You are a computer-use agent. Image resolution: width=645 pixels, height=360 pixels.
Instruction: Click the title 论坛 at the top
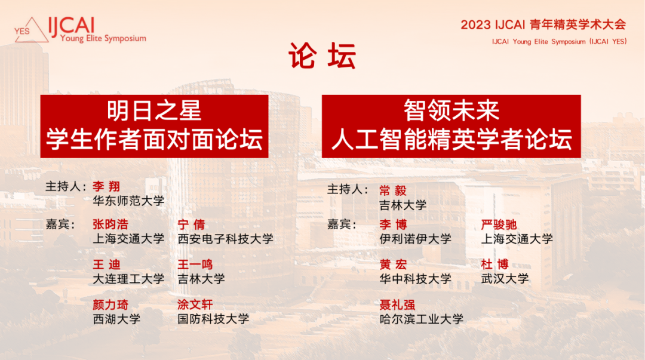[322, 56]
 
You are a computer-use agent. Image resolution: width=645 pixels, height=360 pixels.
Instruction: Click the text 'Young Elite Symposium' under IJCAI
[103, 38]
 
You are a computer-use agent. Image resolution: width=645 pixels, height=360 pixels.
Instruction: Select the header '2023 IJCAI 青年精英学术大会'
[543, 24]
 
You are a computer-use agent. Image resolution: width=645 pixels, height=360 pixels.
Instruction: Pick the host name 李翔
[106, 186]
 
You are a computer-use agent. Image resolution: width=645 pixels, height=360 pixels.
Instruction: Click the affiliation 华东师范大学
[128, 201]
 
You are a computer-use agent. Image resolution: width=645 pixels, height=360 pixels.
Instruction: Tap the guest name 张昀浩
[110, 224]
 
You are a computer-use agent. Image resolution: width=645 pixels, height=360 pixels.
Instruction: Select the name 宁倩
[191, 224]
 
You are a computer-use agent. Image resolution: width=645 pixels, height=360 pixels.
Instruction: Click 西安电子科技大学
[225, 239]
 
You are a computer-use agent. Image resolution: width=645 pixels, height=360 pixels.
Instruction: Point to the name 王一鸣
[195, 264]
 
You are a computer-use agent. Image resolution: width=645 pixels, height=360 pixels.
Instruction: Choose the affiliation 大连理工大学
[128, 279]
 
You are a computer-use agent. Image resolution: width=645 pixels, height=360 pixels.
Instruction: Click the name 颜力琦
[110, 305]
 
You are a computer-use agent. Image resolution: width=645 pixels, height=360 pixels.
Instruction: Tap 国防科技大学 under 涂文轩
[213, 319]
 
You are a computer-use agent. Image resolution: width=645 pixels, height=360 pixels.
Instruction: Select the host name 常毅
[393, 190]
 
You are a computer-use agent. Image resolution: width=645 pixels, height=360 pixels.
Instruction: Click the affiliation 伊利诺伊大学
[415, 239]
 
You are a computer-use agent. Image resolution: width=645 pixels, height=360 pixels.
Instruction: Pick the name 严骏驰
[499, 224]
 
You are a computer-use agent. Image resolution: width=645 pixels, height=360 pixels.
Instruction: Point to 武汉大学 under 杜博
[505, 279]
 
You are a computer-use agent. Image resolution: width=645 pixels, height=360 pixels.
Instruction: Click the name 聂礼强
[397, 305]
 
